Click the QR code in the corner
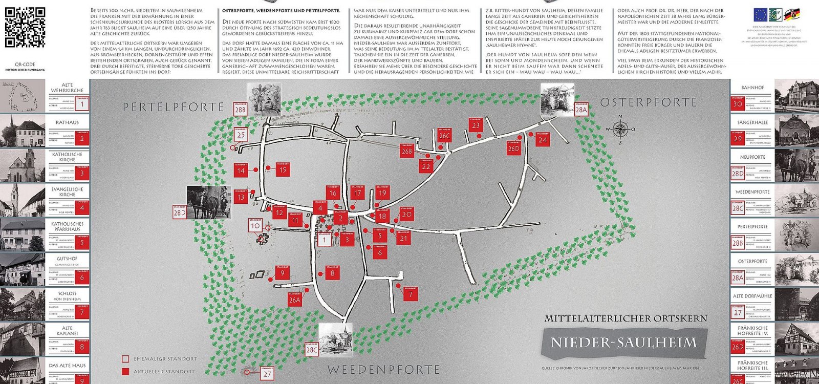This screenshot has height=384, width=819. [25, 27]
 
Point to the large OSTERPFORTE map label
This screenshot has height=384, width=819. [648, 102]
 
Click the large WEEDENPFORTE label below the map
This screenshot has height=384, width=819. [383, 369]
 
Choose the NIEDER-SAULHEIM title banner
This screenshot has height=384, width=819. [623, 343]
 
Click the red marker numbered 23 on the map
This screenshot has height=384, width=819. [476, 125]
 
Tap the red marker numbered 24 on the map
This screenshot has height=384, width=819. [543, 139]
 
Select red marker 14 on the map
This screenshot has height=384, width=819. [241, 170]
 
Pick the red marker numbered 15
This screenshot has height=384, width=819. [283, 169]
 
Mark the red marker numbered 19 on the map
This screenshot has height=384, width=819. [382, 193]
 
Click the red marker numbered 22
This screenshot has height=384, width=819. [426, 166]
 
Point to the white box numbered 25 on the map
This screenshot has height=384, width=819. [241, 135]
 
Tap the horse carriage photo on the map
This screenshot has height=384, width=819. [209, 202]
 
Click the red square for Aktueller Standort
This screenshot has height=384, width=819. [125, 372]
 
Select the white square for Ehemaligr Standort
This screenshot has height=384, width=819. [125, 359]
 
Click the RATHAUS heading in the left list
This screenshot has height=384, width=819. [67, 122]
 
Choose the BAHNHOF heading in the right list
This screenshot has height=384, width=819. [752, 88]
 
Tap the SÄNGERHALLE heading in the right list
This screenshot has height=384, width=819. [752, 122]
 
